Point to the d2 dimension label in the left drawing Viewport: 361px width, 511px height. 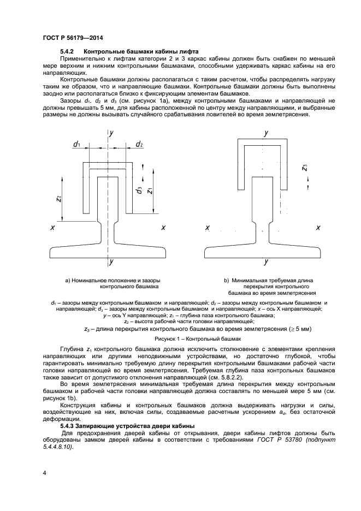pyautogui.click(x=139, y=144)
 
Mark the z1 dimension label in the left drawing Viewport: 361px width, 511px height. pyautogui.click(x=151, y=190)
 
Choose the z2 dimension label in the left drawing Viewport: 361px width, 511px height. pyautogui.click(x=59, y=199)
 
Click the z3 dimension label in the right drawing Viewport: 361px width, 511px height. pyautogui.click(x=304, y=168)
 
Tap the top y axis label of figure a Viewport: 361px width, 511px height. pyautogui.click(x=111, y=133)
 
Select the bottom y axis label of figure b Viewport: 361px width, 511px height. pyautogui.click(x=266, y=263)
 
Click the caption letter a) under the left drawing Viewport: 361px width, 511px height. pyautogui.click(x=68, y=281)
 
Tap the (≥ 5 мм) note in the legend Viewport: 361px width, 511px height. pyautogui.click(x=299, y=329)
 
